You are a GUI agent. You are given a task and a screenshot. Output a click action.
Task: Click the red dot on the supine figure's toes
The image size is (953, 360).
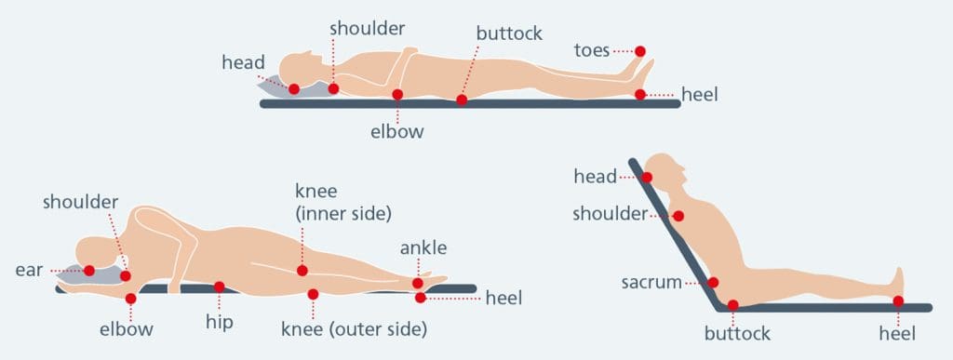point(640,51)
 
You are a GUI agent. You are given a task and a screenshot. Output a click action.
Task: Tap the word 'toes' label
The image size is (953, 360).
point(592,48)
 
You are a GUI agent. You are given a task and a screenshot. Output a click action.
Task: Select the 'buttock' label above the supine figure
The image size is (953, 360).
point(509,33)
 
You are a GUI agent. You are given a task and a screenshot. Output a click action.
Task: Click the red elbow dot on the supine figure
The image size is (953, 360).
point(397,94)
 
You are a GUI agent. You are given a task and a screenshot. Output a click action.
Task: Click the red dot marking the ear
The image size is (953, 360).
point(89,271)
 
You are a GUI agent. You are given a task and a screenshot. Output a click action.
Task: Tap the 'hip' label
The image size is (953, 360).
point(220,323)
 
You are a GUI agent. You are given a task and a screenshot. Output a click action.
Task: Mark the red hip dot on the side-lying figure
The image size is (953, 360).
point(219,287)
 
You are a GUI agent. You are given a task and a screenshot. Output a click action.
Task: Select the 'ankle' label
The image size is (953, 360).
point(423,247)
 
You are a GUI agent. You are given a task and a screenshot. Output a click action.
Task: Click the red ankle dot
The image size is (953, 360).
point(418,284)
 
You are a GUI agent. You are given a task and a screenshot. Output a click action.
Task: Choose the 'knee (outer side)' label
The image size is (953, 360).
point(354,328)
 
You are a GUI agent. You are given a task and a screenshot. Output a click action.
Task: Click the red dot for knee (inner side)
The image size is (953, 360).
point(302,271)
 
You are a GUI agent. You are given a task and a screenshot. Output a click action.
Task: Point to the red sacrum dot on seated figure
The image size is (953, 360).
point(714,283)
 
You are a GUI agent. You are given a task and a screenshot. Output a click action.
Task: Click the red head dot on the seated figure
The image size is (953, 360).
point(647,177)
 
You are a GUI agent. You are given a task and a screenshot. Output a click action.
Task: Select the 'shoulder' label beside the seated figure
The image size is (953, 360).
point(610,215)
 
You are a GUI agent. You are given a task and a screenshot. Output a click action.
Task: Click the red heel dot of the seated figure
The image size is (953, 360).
point(898,300)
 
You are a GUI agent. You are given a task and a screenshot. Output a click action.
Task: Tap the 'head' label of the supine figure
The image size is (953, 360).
point(243,63)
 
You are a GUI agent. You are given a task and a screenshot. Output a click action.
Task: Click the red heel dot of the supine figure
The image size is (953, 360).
point(640,94)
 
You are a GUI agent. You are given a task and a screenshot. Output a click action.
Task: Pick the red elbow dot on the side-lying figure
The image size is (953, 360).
point(130,299)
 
